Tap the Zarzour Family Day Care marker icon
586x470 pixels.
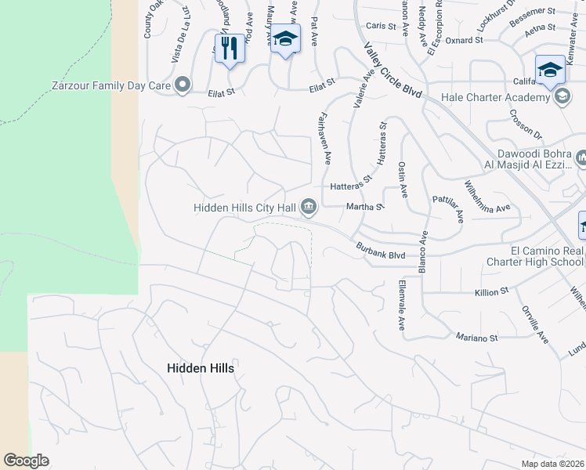pos(183,85)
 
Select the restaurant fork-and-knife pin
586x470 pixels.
pos(230,49)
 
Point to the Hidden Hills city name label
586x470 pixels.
pos(201,367)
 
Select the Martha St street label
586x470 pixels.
pos(364,208)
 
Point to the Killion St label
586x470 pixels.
pos(492,292)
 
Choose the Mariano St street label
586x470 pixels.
pos(477,338)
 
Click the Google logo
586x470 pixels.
pos(26,461)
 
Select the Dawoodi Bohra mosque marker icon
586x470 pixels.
pos(581,158)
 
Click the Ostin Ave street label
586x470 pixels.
pos(403,179)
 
